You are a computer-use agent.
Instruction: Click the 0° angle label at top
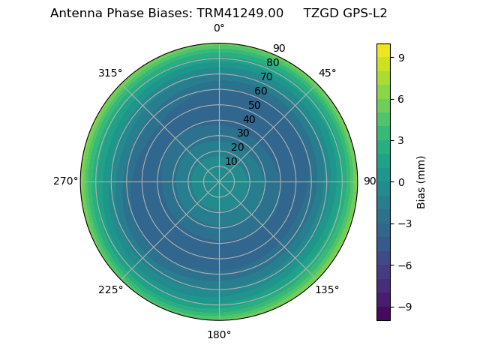219,28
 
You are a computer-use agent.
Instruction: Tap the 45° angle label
327,73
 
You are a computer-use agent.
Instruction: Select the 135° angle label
327,289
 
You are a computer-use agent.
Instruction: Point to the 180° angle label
219,334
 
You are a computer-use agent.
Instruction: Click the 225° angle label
110,289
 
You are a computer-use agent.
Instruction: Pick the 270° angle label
65,181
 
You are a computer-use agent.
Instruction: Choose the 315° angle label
110,73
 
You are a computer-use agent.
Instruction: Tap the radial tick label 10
231,161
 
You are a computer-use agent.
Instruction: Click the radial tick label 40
249,119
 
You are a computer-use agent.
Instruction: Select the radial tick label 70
266,76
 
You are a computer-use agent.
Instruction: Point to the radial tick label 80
272,62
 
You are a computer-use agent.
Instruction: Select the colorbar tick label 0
402,181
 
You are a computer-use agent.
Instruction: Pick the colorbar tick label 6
402,98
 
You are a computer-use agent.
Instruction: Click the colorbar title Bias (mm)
421,181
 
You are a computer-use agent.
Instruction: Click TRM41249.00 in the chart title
240,13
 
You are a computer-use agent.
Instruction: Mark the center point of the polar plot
219,181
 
